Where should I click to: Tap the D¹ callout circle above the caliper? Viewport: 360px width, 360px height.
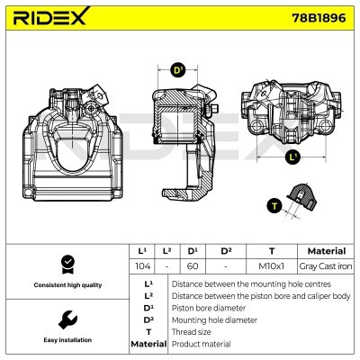(x=177, y=69)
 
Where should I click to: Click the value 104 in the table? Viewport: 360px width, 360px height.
(x=142, y=267)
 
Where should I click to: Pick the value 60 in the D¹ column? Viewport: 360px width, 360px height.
(x=192, y=267)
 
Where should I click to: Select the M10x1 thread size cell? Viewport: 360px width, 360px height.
(x=271, y=267)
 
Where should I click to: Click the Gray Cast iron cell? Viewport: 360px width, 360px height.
(x=326, y=267)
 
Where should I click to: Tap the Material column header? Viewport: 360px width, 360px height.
(x=326, y=251)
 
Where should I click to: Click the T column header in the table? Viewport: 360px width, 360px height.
(x=271, y=251)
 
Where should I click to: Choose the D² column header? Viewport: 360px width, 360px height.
(x=226, y=251)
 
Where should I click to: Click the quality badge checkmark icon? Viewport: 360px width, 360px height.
(x=66, y=264)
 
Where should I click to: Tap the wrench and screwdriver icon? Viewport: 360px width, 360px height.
(x=66, y=319)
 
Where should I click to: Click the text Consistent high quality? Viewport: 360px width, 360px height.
(x=66, y=285)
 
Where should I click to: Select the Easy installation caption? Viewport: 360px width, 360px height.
(x=66, y=340)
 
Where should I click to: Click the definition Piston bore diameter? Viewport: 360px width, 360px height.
(x=206, y=307)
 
